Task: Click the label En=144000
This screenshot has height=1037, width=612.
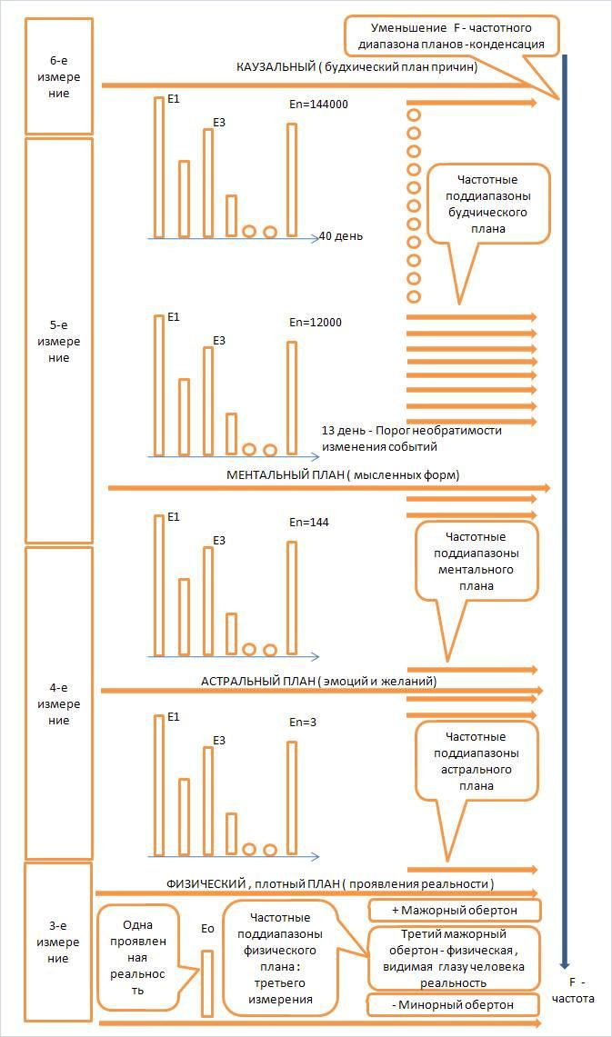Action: click(x=318, y=104)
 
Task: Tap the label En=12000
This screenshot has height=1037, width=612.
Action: click(x=316, y=323)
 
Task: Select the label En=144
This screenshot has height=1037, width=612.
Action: click(x=309, y=523)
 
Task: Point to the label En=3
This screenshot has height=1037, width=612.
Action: click(x=303, y=723)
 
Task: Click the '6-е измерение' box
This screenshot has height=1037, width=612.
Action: click(x=59, y=76)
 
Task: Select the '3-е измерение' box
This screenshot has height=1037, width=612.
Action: click(x=58, y=942)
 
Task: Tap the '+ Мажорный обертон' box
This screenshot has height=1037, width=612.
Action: click(x=455, y=910)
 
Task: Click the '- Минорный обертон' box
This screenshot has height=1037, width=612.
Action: click(x=453, y=1004)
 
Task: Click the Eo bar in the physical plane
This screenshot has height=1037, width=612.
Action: click(x=207, y=983)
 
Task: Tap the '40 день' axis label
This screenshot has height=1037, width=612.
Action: click(x=341, y=236)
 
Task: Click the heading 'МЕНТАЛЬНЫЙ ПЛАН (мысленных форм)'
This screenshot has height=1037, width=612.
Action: click(x=343, y=474)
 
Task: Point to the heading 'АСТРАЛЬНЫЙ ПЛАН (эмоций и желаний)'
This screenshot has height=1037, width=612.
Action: click(x=319, y=682)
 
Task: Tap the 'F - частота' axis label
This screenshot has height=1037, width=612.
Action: click(x=573, y=991)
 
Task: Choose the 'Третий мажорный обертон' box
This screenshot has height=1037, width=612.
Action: click(x=454, y=958)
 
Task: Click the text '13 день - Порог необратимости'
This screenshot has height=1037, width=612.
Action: click(x=412, y=431)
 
